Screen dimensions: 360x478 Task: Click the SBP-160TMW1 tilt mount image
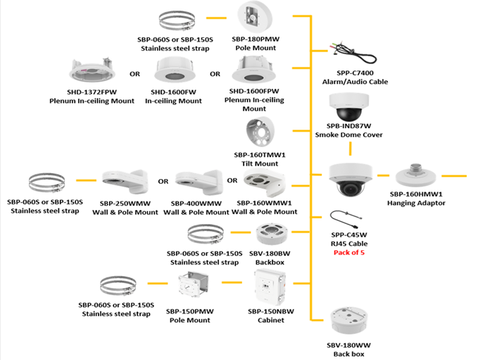click(x=261, y=134)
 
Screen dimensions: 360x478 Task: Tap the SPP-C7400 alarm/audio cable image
click(x=351, y=55)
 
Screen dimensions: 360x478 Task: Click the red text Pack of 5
click(x=348, y=253)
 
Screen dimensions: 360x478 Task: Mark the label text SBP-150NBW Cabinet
click(x=266, y=315)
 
